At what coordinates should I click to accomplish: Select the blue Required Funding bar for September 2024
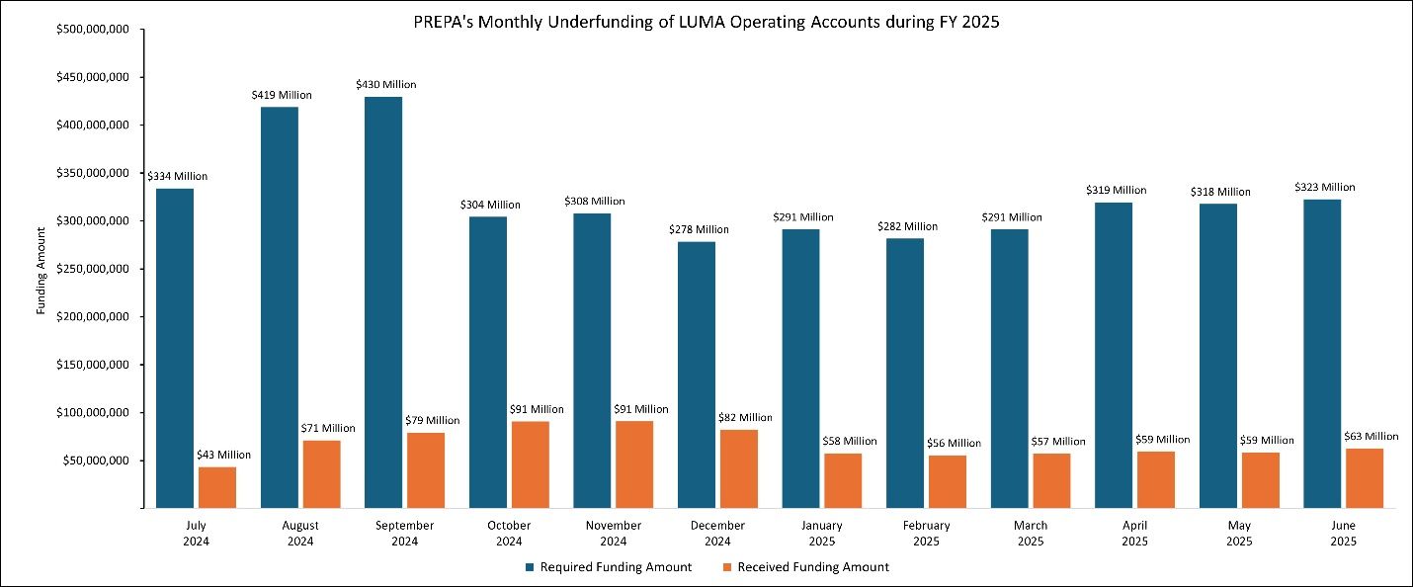(x=383, y=301)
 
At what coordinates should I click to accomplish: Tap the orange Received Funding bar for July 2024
(x=217, y=487)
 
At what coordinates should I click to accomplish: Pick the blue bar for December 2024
(x=697, y=375)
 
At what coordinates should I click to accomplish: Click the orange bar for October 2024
(x=530, y=464)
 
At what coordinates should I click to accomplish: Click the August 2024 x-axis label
(x=300, y=534)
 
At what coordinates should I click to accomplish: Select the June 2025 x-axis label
(x=1342, y=534)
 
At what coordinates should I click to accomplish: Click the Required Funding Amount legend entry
(x=608, y=567)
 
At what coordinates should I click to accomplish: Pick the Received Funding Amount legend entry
(x=805, y=567)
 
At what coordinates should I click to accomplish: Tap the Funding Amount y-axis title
(x=42, y=269)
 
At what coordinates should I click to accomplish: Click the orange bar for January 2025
(x=843, y=480)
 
